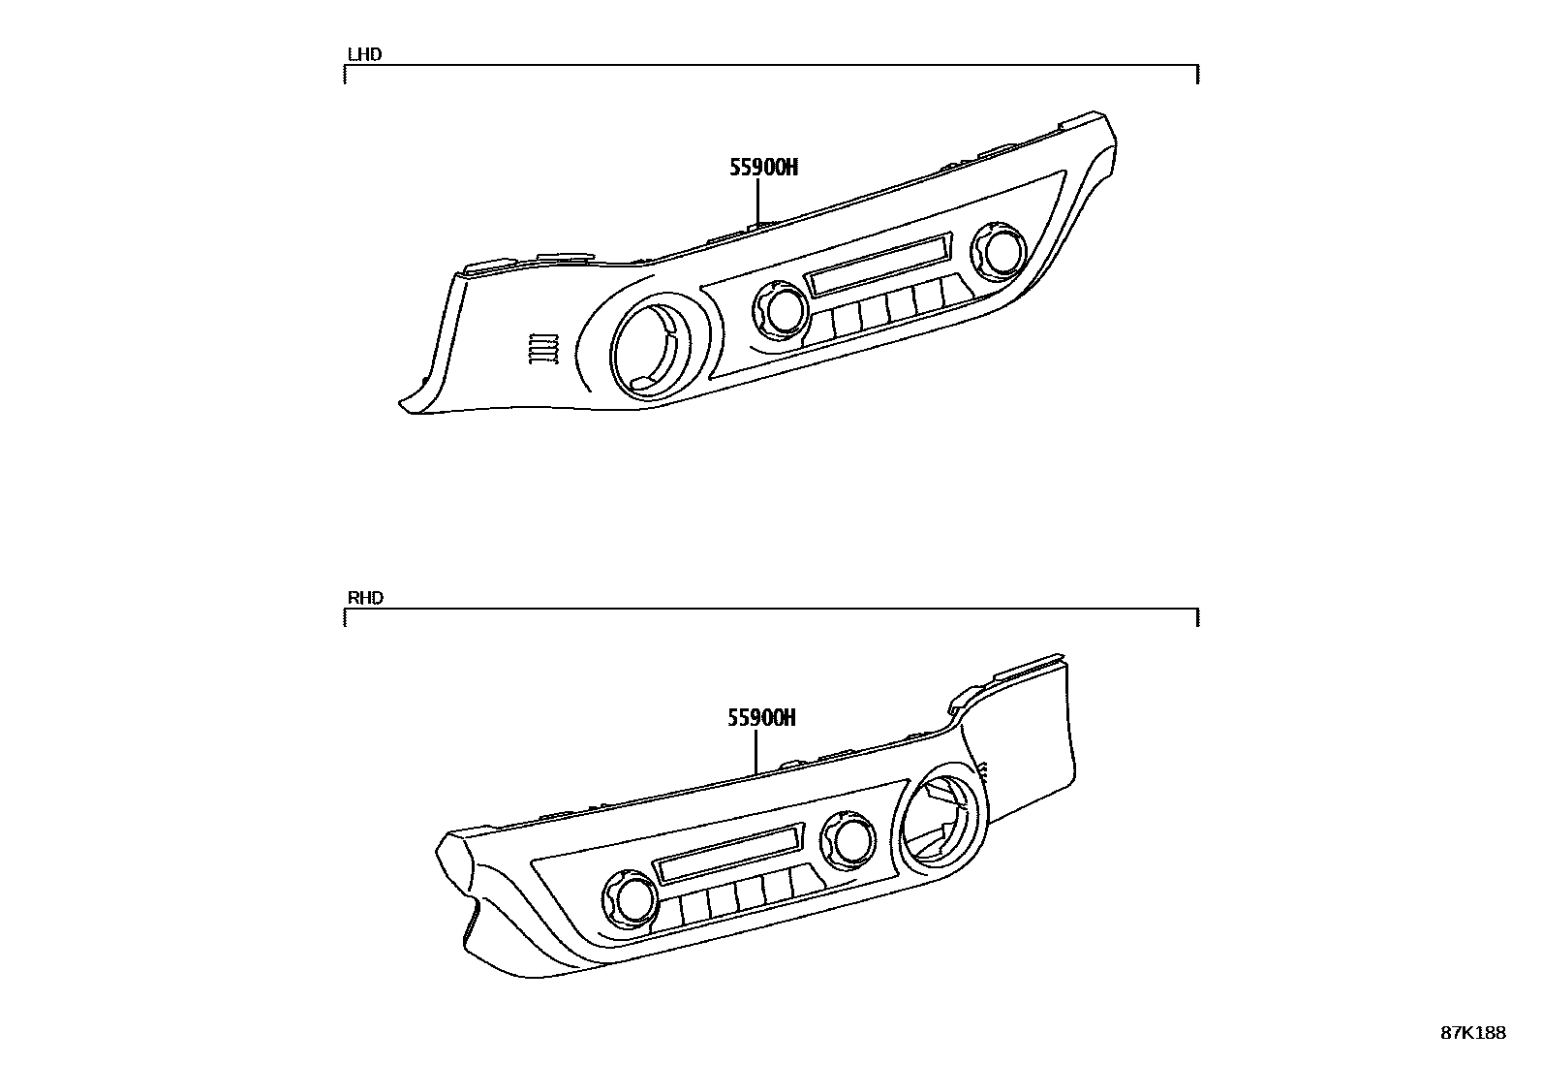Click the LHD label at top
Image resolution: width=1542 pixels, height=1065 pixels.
tap(364, 54)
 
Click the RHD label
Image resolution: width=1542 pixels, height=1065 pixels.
tap(365, 598)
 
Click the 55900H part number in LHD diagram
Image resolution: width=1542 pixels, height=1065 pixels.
tap(763, 168)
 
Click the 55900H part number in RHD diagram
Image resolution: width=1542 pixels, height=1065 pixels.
tap(761, 718)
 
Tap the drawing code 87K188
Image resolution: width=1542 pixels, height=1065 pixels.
tap(1473, 1033)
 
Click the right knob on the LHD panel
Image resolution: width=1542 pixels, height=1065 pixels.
tap(996, 248)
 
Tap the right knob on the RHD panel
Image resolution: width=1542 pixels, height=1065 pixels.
tap(849, 840)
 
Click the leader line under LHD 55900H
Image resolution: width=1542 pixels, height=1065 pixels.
tap(757, 202)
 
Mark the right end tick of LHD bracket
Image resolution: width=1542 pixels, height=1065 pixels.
tap(1198, 75)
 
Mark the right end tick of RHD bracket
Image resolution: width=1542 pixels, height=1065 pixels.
tap(1198, 618)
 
